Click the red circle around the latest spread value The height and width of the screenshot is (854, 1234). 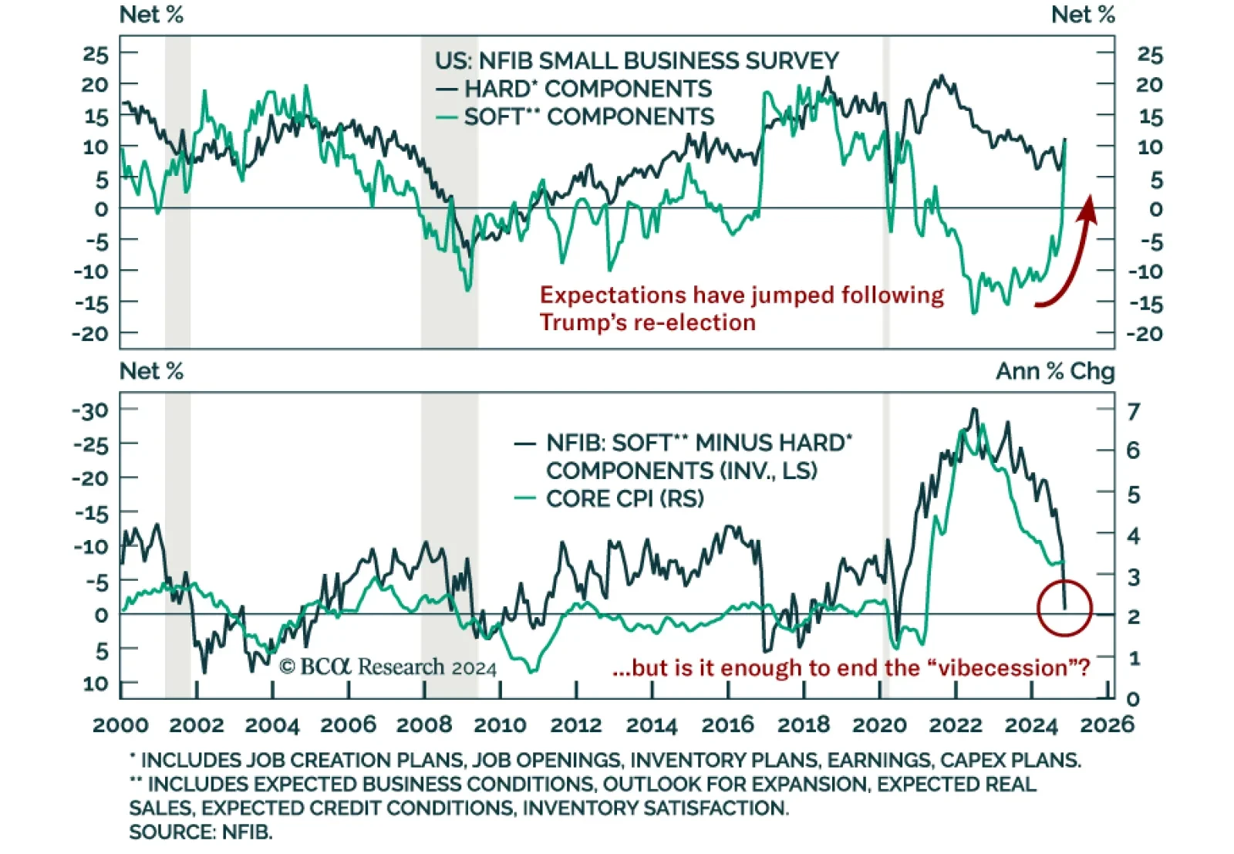(x=1064, y=608)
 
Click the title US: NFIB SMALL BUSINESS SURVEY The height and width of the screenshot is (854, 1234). (x=636, y=60)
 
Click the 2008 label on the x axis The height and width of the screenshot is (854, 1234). (x=424, y=725)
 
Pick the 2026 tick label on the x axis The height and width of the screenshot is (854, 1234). (x=1107, y=725)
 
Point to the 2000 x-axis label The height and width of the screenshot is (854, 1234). (x=121, y=725)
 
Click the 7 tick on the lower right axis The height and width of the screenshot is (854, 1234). (x=1133, y=411)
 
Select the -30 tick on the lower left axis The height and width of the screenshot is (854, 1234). (x=91, y=410)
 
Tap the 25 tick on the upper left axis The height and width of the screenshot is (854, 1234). (x=96, y=54)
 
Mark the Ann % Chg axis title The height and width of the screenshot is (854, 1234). (x=1055, y=371)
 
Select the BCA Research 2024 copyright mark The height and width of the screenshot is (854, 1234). (x=388, y=667)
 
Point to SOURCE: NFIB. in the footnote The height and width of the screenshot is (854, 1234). (x=201, y=832)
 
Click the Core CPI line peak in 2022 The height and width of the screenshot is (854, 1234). (x=962, y=432)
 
